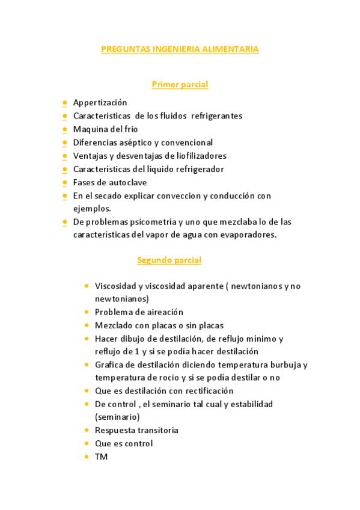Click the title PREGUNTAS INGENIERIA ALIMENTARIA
[x=180, y=49]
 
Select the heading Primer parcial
[x=180, y=84]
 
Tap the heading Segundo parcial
[x=169, y=260]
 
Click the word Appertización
[x=100, y=102]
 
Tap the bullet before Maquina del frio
[x=64, y=129]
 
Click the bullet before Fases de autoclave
[x=64, y=182]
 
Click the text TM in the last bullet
[x=101, y=456]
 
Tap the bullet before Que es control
[x=87, y=443]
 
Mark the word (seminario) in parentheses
[x=117, y=417]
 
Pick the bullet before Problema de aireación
[x=87, y=312]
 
